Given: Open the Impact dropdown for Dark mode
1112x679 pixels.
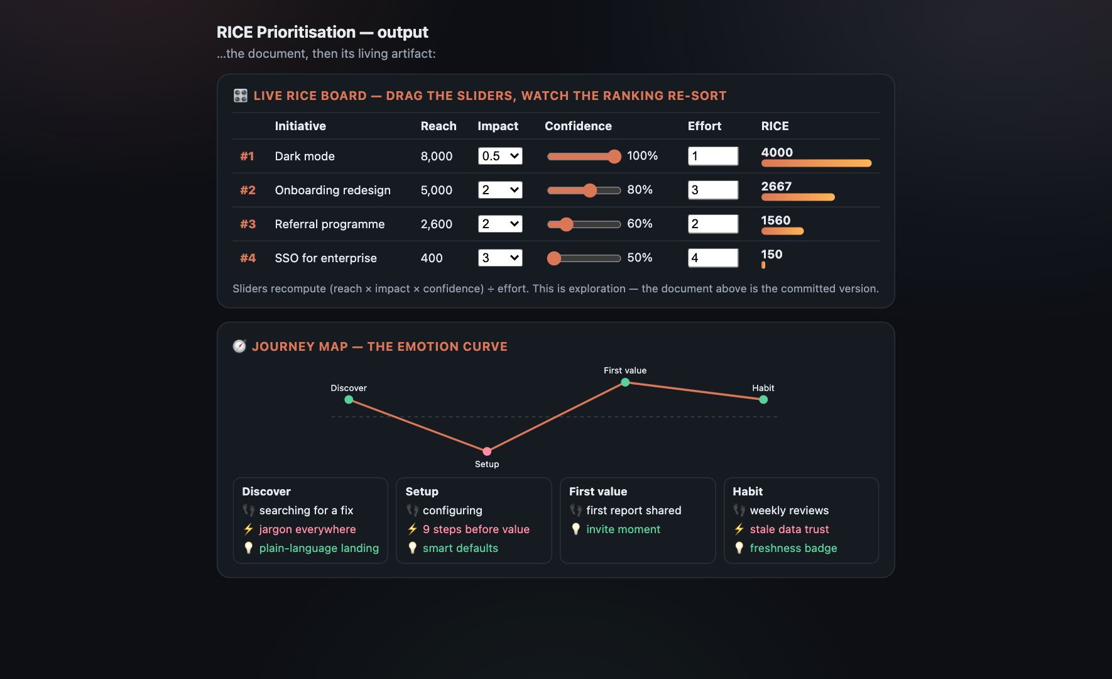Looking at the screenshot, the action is (500, 156).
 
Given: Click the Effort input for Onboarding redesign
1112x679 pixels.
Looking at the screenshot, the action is (713, 190).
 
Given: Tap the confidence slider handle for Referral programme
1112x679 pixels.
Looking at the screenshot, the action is (566, 224).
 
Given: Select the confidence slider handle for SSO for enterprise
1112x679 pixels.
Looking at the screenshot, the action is (554, 258).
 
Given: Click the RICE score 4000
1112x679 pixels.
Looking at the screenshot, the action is (777, 152).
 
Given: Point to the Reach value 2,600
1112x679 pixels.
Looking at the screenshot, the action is (437, 224).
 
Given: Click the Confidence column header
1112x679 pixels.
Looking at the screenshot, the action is (578, 126).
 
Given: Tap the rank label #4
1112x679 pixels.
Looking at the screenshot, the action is (248, 258).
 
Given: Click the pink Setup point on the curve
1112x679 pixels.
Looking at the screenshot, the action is (487, 451).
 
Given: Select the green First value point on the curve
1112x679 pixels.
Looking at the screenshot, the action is (625, 382).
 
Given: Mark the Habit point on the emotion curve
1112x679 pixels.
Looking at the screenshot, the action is (763, 399).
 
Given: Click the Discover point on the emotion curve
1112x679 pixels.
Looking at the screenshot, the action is (349, 399).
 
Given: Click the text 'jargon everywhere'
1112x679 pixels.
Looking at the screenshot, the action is (307, 529).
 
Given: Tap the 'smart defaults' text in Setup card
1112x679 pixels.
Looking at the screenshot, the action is (461, 548).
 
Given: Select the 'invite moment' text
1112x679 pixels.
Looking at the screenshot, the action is (623, 529).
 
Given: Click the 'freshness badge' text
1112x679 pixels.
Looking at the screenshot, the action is (793, 548).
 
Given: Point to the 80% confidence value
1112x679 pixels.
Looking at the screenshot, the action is (640, 190).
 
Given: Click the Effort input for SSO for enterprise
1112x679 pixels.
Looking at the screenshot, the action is (713, 258).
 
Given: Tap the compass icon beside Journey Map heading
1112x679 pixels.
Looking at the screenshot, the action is (239, 346).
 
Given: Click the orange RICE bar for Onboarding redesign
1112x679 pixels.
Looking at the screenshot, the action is (798, 197).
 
